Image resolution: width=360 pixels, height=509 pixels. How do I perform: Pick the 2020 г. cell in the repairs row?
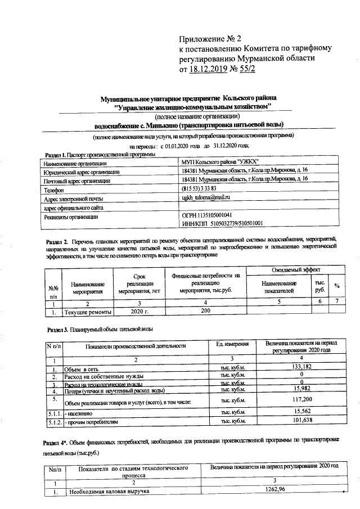pyautogui.click(x=139, y=310)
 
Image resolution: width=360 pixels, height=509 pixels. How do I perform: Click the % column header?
pyautogui.click(x=336, y=285)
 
